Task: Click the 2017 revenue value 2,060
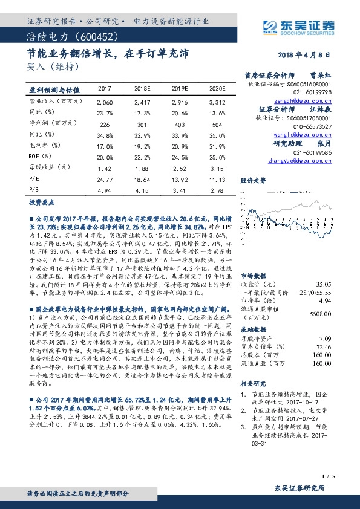[105, 103]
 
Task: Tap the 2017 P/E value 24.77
[105, 179]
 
